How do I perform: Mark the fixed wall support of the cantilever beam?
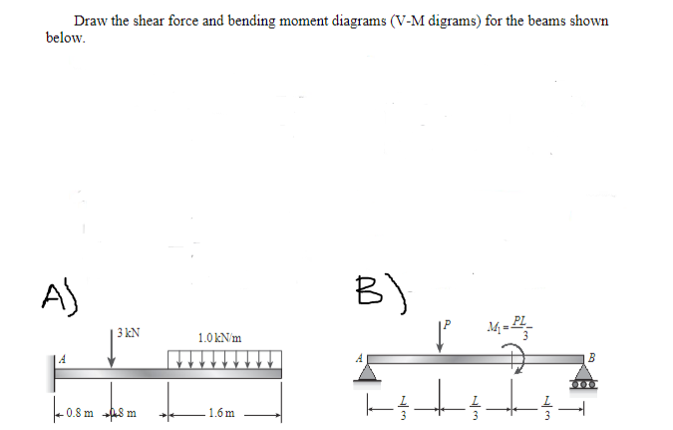click(x=51, y=373)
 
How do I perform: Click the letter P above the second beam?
click(x=448, y=325)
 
